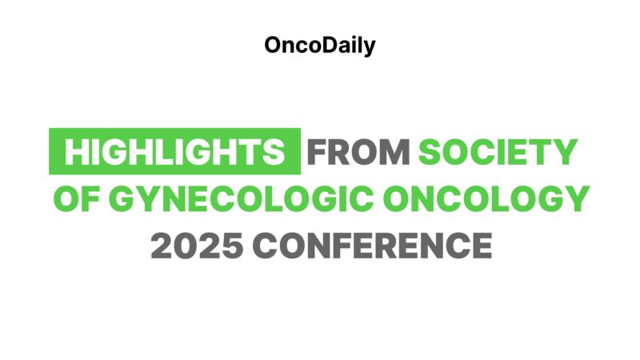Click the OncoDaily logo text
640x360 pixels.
[x=319, y=46]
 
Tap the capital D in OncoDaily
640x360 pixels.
[x=326, y=46]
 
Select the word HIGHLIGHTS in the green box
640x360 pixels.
[x=174, y=152]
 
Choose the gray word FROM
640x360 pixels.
[x=359, y=152]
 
